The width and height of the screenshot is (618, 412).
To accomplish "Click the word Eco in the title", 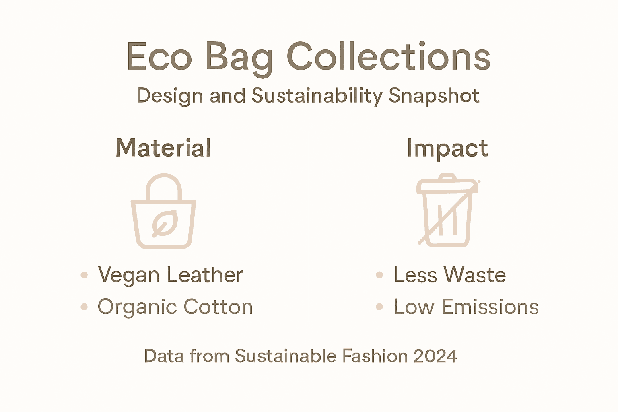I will click(x=159, y=57).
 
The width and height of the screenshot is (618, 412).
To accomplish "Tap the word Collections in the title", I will click(x=388, y=57).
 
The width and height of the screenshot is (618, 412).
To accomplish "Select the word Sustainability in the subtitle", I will click(x=317, y=96).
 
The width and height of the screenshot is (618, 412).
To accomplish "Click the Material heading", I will click(x=163, y=148).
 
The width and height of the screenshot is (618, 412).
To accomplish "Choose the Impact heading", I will click(x=447, y=148).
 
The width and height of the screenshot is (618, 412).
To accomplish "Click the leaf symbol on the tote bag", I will click(x=164, y=224).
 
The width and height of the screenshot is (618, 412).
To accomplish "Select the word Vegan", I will click(x=129, y=276).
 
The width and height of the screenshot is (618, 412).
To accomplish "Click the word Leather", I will click(x=204, y=275).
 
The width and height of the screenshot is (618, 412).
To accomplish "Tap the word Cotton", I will click(x=218, y=307).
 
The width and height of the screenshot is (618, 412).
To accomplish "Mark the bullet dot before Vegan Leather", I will click(x=84, y=275).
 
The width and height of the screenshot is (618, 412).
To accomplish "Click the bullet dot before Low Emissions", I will click(x=379, y=307).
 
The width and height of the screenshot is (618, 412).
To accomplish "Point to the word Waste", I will click(x=475, y=275).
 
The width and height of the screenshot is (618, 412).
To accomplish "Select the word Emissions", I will click(x=490, y=307).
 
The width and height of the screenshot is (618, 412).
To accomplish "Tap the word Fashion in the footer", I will click(x=375, y=356).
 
